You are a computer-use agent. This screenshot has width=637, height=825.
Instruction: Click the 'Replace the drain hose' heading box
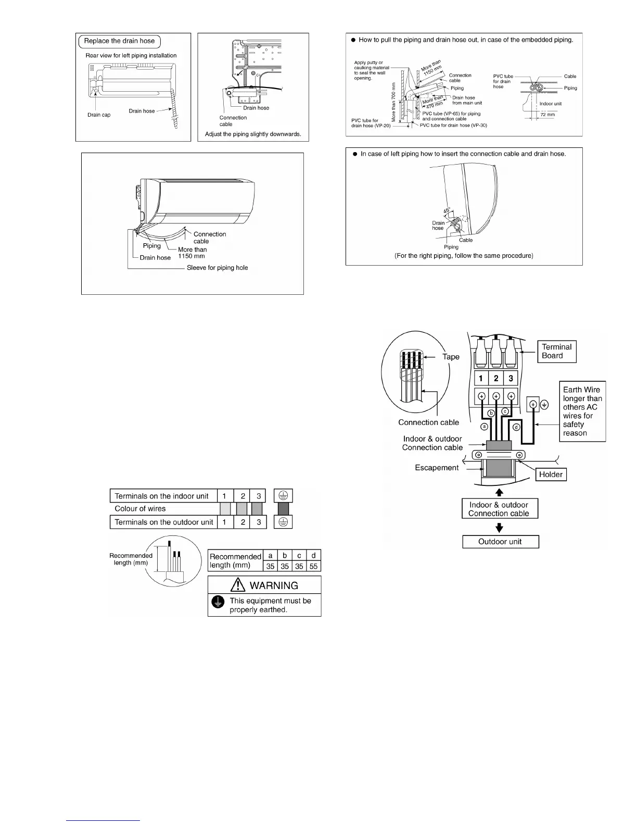[x=119, y=41]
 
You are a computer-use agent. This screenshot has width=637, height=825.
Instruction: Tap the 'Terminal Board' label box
[x=556, y=351]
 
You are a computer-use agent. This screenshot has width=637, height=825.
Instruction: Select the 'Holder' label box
[x=551, y=474]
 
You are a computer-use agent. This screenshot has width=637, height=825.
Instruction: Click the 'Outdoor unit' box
[x=500, y=542]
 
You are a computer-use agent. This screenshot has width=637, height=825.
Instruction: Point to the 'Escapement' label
[x=437, y=468]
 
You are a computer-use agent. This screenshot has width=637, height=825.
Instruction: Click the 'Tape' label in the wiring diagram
[x=451, y=357]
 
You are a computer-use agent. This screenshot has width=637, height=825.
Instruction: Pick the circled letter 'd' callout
[x=516, y=427]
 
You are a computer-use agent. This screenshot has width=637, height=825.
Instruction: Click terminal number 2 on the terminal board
[x=496, y=379]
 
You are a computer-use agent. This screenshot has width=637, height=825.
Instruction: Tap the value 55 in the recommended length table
[x=313, y=566]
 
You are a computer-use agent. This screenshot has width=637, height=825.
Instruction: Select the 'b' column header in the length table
[x=285, y=555]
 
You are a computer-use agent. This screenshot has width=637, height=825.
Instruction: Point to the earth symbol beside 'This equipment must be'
[x=217, y=603]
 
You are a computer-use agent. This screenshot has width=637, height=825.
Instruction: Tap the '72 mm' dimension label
[x=547, y=115]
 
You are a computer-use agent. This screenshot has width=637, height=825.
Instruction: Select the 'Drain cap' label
[x=99, y=115]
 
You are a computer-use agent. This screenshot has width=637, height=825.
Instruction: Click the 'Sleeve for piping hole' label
[x=217, y=268]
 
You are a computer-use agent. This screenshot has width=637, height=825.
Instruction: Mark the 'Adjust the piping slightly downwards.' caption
[x=253, y=134]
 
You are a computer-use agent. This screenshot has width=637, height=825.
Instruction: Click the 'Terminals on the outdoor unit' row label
[x=163, y=522]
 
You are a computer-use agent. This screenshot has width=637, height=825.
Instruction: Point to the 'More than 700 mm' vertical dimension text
[x=393, y=102]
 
